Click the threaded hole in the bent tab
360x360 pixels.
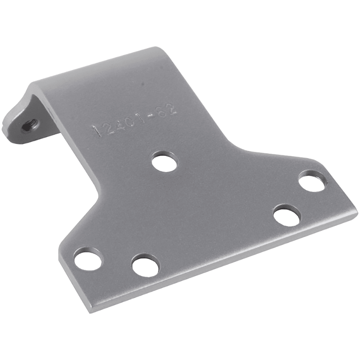31,123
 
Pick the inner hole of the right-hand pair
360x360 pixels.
286,215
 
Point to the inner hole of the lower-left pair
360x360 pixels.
145,266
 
